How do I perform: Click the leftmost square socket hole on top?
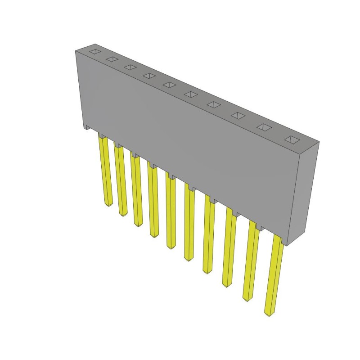point(95,51)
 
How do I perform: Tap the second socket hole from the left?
point(112,58)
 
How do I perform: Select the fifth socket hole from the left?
point(169,84)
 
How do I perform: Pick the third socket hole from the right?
point(238,116)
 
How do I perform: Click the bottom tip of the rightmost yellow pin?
point(269,313)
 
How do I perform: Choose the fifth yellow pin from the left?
point(171,211)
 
